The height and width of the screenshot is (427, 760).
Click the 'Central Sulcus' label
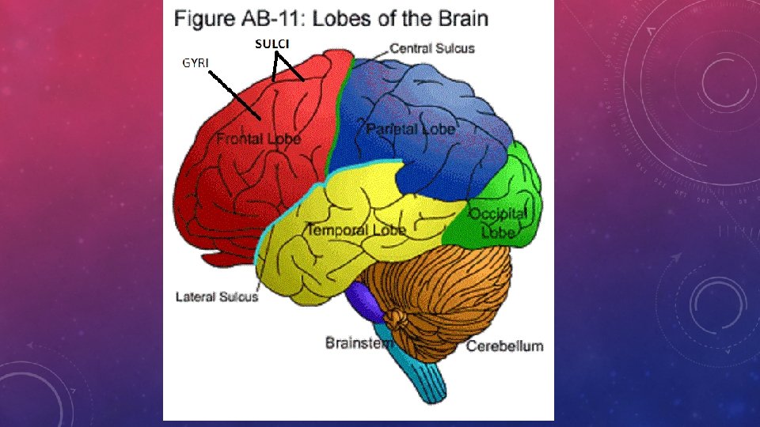(x=432, y=48)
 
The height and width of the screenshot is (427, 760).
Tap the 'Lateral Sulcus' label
(x=216, y=297)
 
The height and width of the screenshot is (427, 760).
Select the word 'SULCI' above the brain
(x=272, y=44)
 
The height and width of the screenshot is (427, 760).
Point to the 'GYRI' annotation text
(x=196, y=62)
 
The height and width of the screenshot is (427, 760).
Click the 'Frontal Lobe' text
(x=259, y=140)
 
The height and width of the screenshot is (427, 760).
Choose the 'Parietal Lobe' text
(x=411, y=128)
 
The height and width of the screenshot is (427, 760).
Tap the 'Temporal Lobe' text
(x=355, y=230)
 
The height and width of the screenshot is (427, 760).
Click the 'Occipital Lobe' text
(x=498, y=223)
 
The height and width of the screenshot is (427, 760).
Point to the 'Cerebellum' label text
(x=504, y=346)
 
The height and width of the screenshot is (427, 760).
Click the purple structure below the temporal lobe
(x=362, y=301)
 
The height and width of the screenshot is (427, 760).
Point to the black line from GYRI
(x=235, y=94)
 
